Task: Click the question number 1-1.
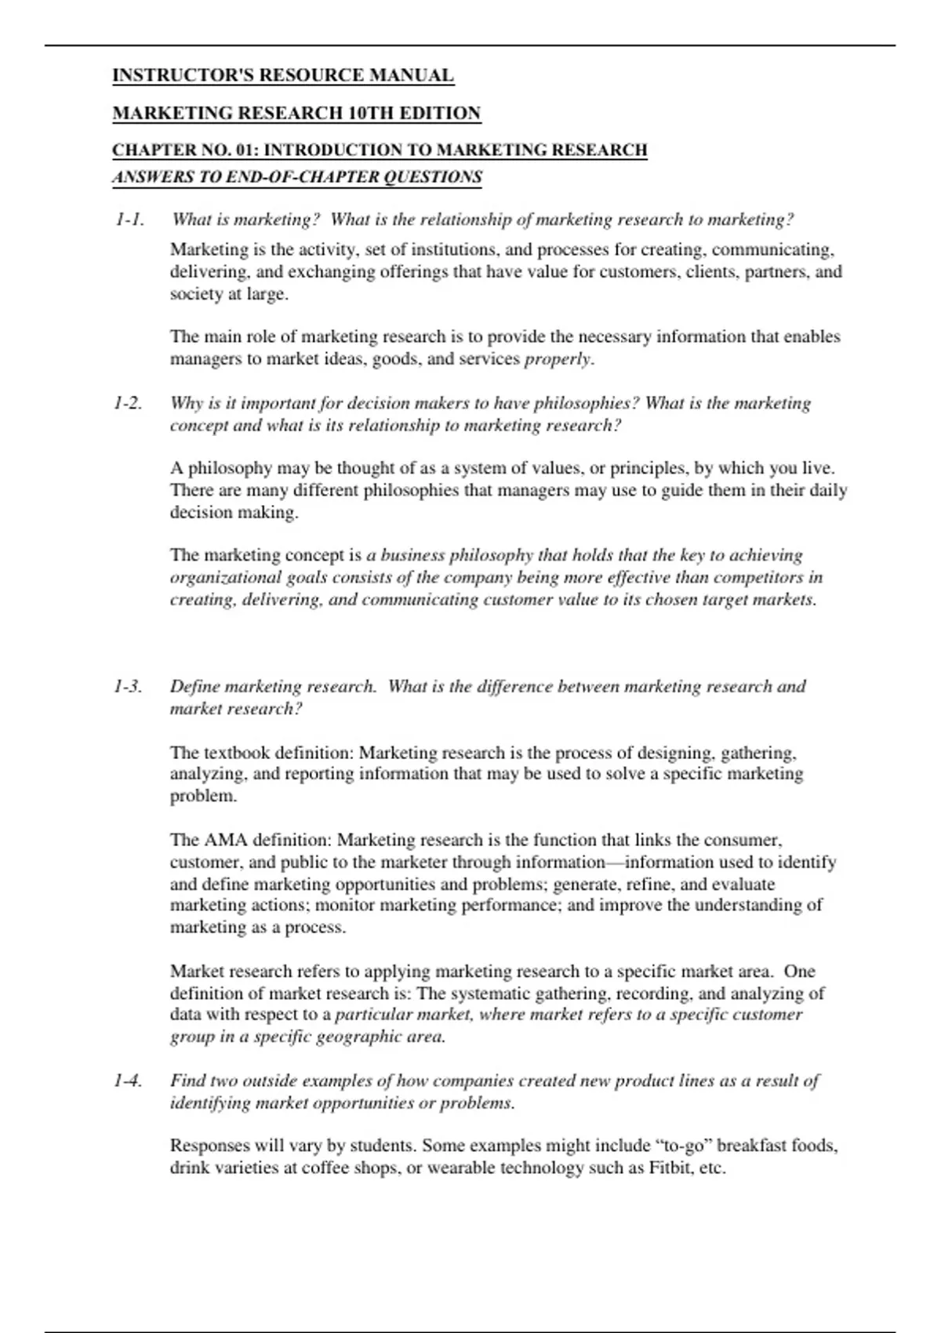129,220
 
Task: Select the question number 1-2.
128,403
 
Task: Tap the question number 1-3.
128,686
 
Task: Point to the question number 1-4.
128,1081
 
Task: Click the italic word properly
558,359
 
